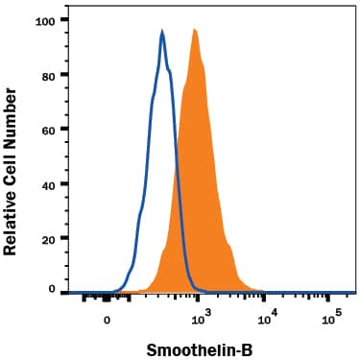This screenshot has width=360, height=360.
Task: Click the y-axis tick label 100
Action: (42, 19)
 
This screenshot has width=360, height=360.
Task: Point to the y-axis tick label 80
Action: (45, 74)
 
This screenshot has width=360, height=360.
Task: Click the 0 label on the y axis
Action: (49, 289)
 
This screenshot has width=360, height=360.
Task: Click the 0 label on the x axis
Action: (108, 321)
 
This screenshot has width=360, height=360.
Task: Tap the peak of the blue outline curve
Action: (162, 32)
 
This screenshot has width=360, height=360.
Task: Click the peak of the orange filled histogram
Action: (194, 30)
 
